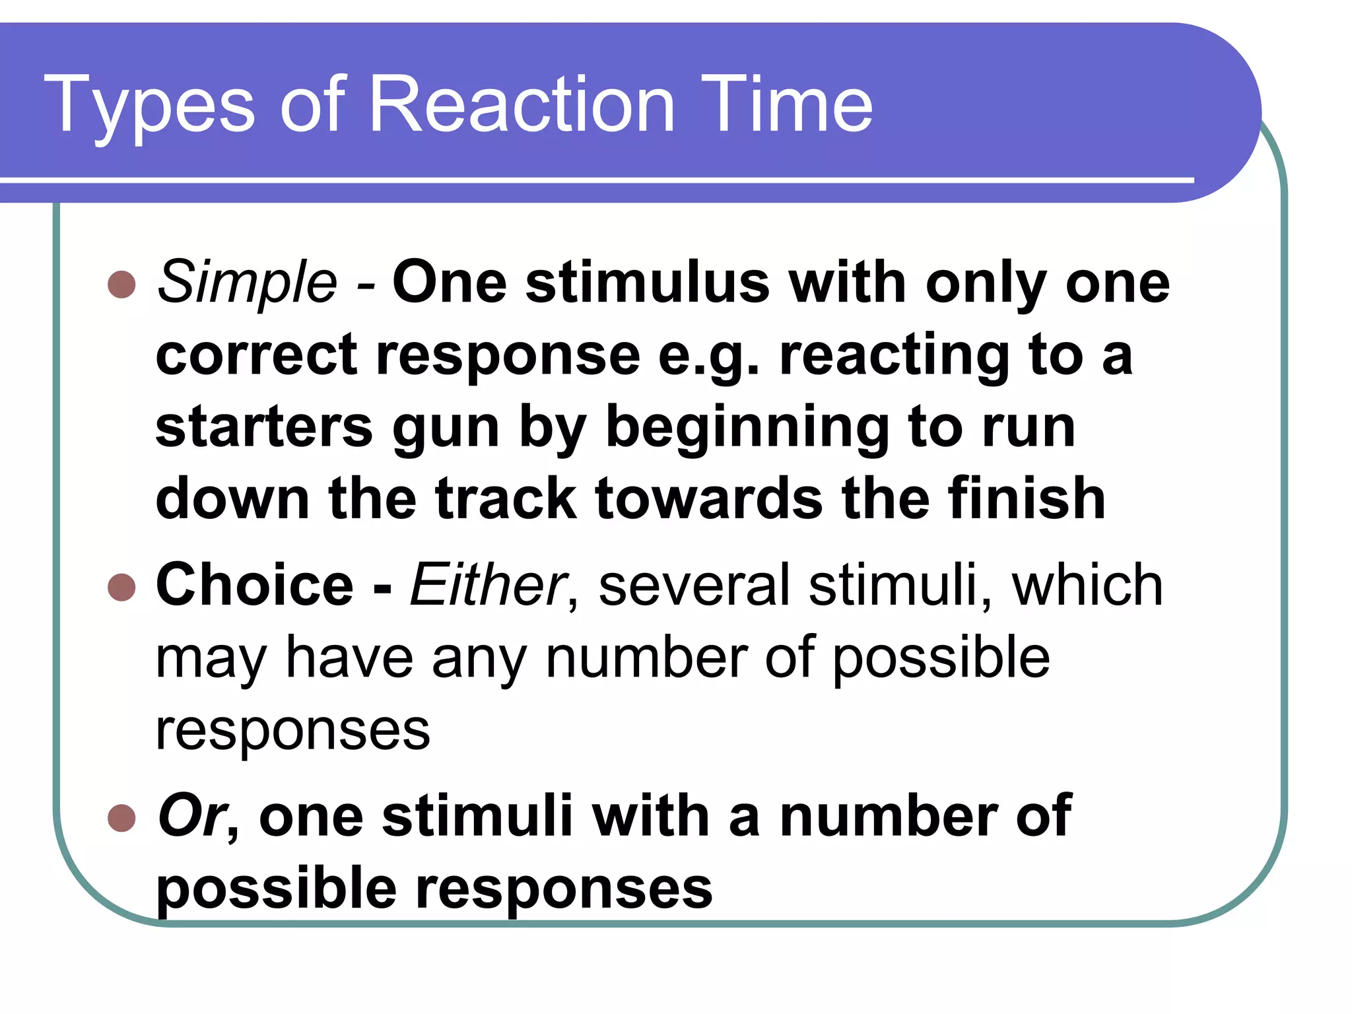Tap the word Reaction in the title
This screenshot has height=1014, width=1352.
pyautogui.click(x=522, y=104)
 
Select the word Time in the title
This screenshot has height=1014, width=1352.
pyautogui.click(x=786, y=104)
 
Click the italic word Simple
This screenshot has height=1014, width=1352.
pyautogui.click(x=247, y=283)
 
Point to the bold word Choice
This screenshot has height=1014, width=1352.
pyautogui.click(x=255, y=585)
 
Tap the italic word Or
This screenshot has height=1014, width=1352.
pyautogui.click(x=192, y=816)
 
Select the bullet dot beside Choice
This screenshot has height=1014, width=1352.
pyautogui.click(x=121, y=587)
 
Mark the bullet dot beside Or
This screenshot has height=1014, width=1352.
pyautogui.click(x=121, y=818)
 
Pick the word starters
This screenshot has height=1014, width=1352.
pyautogui.click(x=264, y=427)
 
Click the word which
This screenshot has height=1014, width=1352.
pyautogui.click(x=1087, y=585)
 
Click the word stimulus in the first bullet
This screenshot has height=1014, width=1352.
pyautogui.click(x=648, y=283)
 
